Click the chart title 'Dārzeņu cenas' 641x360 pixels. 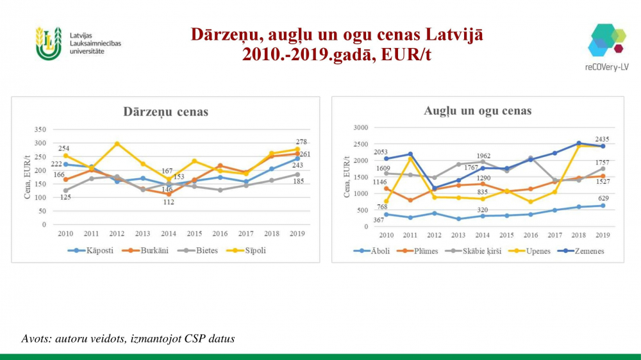pos(165,112)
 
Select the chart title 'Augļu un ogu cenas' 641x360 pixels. pos(478,111)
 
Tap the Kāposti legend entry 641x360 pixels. pos(94,250)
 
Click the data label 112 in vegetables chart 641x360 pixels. pos(169,202)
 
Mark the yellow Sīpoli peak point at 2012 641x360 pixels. pos(117,143)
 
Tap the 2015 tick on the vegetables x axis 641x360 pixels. pos(195,234)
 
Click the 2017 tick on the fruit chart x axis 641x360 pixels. pos(555,235)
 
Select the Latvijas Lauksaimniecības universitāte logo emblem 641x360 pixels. pos(49,43)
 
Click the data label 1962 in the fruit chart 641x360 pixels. pos(483,156)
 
